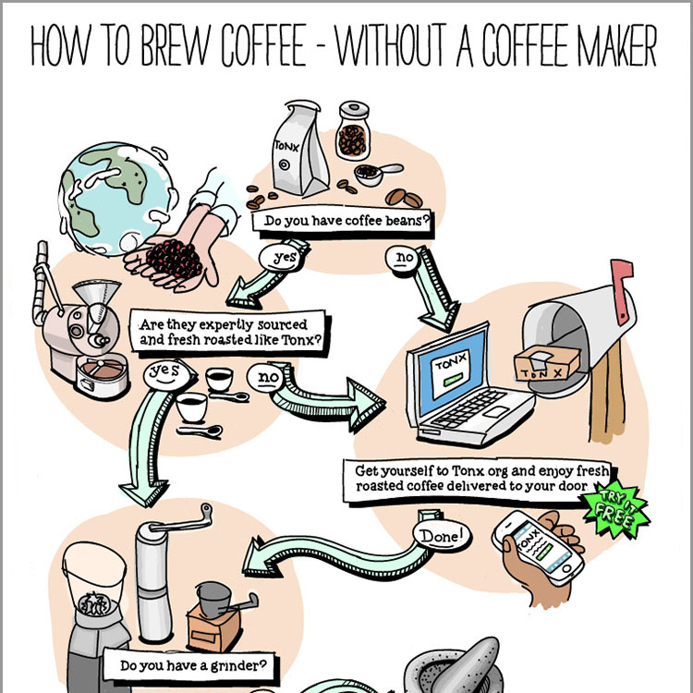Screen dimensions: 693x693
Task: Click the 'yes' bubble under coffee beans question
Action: click(282, 258)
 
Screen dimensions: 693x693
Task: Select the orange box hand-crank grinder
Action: click(215, 621)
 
